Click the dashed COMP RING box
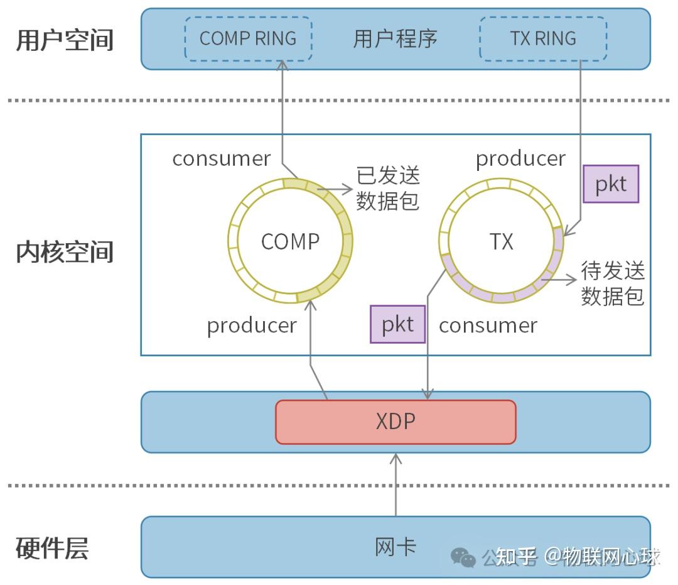click(248, 38)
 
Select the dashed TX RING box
click(543, 38)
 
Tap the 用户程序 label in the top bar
click(395, 38)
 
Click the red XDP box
click(395, 422)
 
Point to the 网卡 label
click(395, 547)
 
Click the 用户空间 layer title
click(65, 40)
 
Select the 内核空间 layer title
click(65, 251)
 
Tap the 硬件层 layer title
click(52, 548)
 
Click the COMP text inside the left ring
click(290, 242)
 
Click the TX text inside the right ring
click(501, 242)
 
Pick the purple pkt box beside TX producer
click(610, 184)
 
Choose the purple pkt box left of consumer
click(397, 324)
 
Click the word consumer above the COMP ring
click(221, 159)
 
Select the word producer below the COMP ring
click(252, 325)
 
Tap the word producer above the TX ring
click(520, 159)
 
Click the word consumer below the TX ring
click(488, 325)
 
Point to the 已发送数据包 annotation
click(388, 188)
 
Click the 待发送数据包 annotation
click(613, 283)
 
